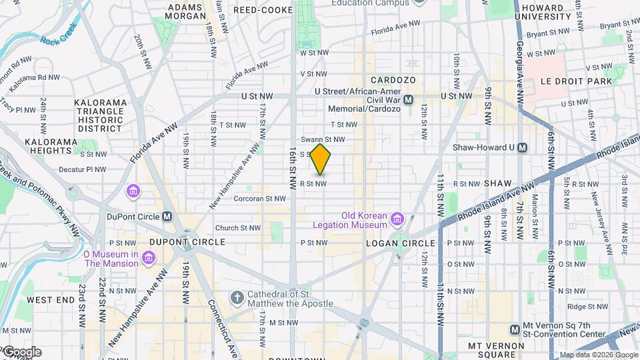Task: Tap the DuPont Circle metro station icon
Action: pos(167,216)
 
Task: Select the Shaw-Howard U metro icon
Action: pos(523,147)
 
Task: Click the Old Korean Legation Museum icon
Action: pos(398,219)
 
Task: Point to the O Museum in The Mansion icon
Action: pos(148,257)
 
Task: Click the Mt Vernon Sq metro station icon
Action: pos(515,330)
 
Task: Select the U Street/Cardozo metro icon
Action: pos(408,99)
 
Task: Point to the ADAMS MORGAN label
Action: pos(185,11)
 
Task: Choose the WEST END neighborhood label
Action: pos(51,300)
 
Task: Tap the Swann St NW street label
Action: pos(323,139)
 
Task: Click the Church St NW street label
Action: pos(237,227)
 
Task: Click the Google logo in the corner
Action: pos(21,352)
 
